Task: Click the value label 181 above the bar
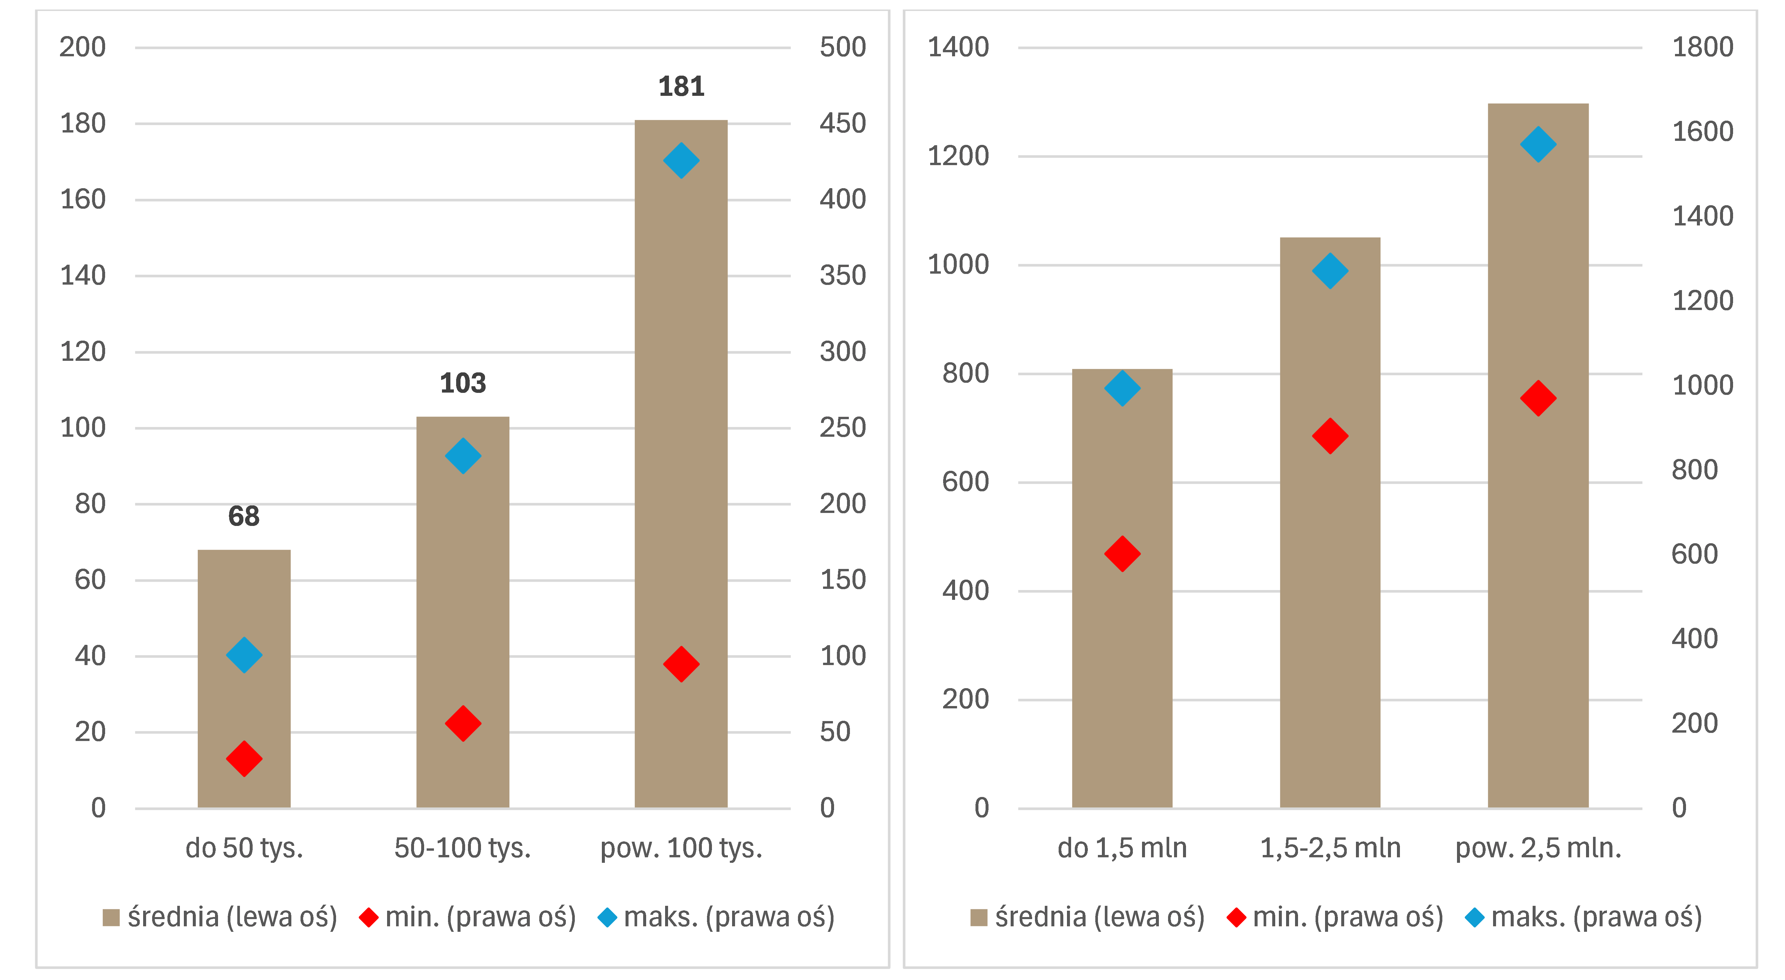681,87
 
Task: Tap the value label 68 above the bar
244,516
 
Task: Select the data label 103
463,383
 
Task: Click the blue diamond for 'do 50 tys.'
244,655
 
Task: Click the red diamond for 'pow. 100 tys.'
681,664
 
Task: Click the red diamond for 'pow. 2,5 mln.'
1538,398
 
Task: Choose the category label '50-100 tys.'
463,848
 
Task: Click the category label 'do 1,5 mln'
1122,848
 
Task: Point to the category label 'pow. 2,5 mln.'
1538,848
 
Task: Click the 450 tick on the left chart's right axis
843,123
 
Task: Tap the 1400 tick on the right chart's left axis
958,47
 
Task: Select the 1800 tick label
1702,47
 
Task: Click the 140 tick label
83,276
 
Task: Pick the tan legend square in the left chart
111,918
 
